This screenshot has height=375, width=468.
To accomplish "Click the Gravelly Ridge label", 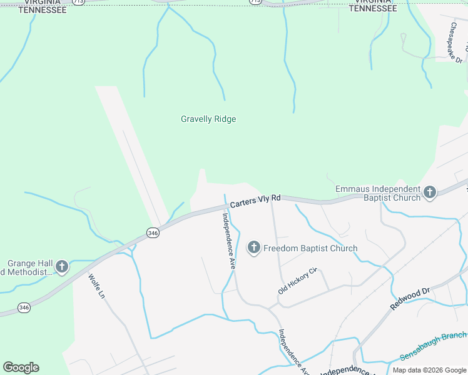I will (208, 119).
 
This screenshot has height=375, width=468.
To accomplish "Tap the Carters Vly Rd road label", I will (255, 201).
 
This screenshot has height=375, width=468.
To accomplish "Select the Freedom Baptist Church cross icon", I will (254, 248).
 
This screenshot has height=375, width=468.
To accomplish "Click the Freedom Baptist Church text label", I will (310, 248).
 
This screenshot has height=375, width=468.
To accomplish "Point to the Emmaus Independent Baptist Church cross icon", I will (429, 192).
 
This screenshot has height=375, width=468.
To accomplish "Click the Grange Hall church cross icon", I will (61, 267).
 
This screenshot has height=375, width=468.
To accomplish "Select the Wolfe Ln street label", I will (96, 286).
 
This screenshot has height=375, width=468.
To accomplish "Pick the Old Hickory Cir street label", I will (298, 281).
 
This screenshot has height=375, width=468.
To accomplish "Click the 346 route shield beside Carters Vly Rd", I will (153, 232).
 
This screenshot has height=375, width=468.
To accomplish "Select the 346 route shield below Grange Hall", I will (24, 307).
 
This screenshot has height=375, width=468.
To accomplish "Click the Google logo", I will (21, 367).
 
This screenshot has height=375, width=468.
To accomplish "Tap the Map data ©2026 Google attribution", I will (429, 370).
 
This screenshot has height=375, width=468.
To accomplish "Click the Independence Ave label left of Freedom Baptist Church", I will (229, 241).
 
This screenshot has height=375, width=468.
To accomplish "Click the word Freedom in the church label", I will (280, 248).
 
